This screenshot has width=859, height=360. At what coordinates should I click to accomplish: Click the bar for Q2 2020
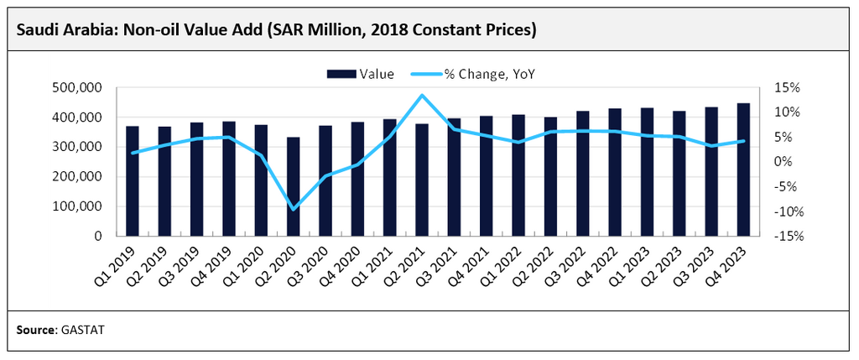pyautogui.click(x=293, y=186)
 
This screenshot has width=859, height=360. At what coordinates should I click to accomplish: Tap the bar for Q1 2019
pyautogui.click(x=133, y=180)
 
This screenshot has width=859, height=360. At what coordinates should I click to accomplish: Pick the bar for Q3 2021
pyautogui.click(x=454, y=177)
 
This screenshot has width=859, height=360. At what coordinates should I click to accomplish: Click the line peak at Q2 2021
pyautogui.click(x=422, y=95)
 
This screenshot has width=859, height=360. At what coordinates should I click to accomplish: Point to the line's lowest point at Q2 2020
pyautogui.click(x=293, y=209)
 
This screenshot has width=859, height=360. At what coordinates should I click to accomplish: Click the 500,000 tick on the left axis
pyautogui.click(x=77, y=87)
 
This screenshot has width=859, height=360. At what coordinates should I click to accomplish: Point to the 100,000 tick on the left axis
pyautogui.click(x=77, y=206)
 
